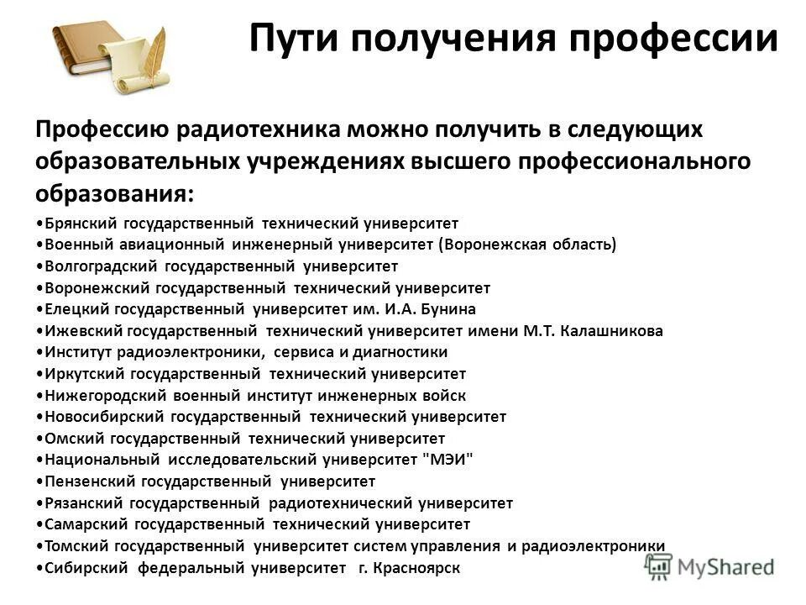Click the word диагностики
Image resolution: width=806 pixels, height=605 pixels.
click(x=402, y=352)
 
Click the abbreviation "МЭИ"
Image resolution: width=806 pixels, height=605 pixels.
click(x=449, y=460)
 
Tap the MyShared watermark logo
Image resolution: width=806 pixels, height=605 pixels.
click(x=718, y=565)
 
